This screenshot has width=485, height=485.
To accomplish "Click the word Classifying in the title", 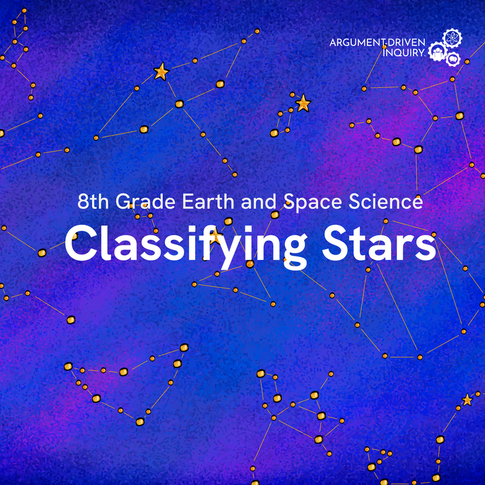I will pyautogui.click(x=182, y=246).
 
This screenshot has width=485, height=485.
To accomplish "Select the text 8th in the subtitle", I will pyautogui.click(x=93, y=202).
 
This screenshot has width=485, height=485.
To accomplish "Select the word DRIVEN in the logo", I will pyautogui.click(x=406, y=43).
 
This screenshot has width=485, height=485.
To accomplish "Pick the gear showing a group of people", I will pyautogui.click(x=436, y=53).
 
